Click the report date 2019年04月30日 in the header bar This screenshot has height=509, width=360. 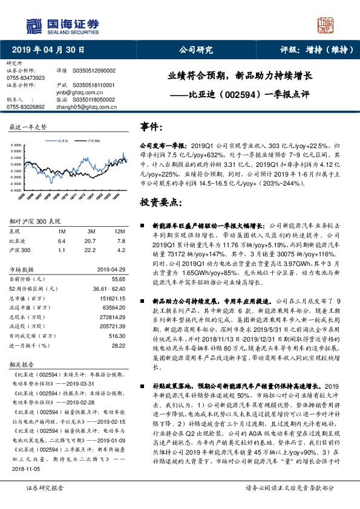[48, 50]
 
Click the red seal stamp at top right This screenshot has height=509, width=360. [327, 25]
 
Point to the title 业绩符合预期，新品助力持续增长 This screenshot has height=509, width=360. [240, 77]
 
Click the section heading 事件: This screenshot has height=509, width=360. [151, 127]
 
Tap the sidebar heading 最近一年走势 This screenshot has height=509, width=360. [28, 128]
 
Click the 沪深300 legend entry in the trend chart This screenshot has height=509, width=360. [94, 140]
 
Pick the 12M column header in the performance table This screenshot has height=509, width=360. [120, 232]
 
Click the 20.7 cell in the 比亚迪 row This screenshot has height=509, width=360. [91, 240]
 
